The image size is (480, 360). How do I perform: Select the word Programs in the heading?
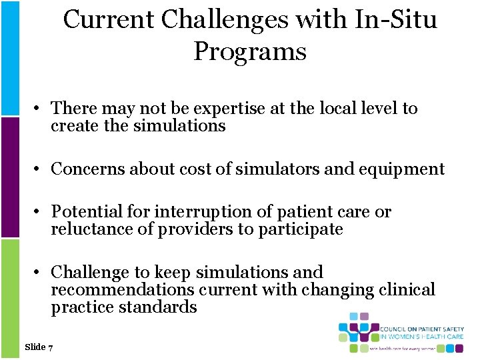[250, 51]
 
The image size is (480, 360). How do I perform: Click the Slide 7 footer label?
[39, 347]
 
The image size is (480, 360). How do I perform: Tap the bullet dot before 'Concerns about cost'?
[40, 169]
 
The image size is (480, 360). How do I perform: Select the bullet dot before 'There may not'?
[40, 108]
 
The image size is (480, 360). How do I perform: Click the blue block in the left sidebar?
[9, 57]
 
